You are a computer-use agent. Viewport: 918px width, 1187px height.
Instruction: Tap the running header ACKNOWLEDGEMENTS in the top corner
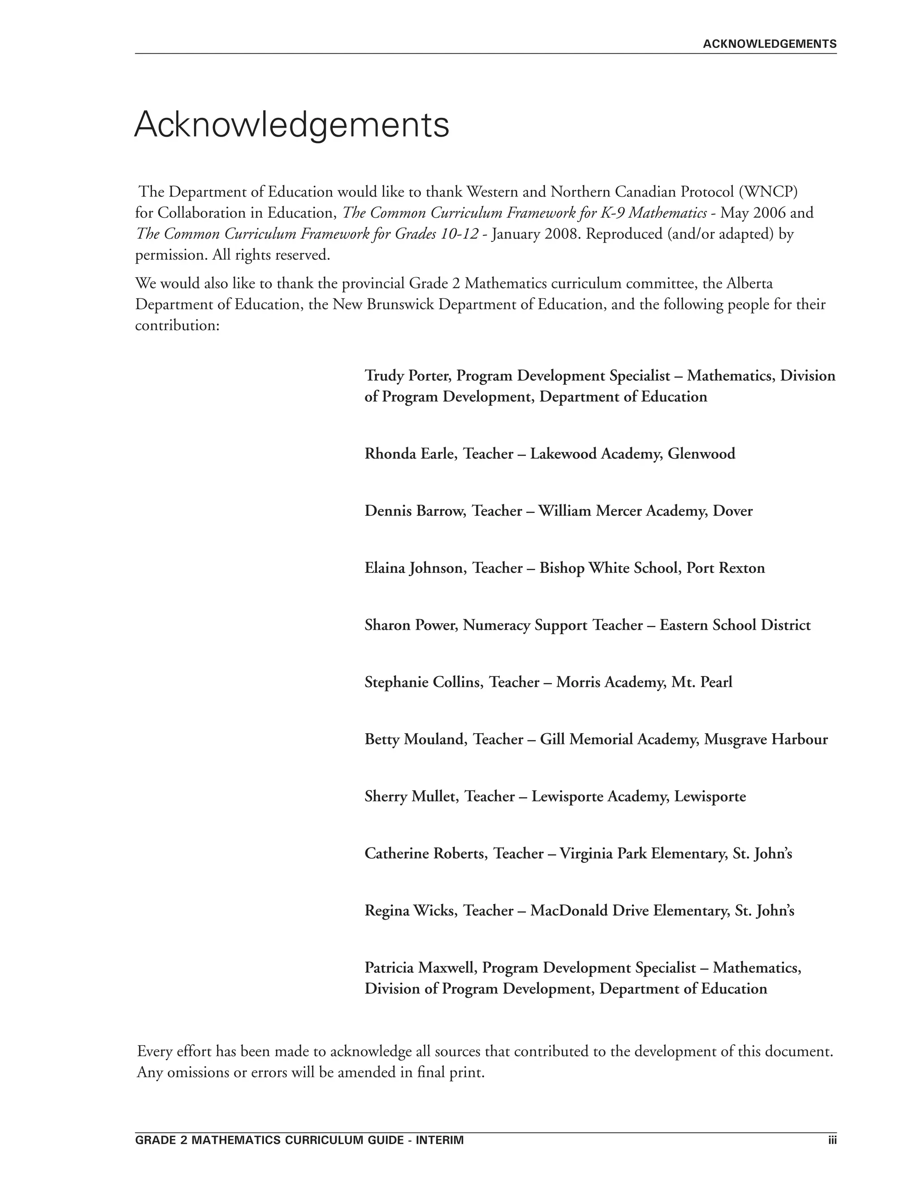pyautogui.click(x=769, y=44)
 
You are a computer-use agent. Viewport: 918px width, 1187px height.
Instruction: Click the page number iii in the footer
pyautogui.click(x=832, y=1140)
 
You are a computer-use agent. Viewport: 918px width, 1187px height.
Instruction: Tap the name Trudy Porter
pyautogui.click(x=408, y=375)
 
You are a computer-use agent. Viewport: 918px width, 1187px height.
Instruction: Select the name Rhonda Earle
pyautogui.click(x=410, y=453)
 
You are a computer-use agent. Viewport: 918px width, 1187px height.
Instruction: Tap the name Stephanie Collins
pyautogui.click(x=424, y=682)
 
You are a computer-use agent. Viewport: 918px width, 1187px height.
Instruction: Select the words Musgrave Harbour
pyautogui.click(x=766, y=739)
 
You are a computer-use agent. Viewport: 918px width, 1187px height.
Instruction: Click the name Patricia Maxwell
pyautogui.click(x=420, y=968)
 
